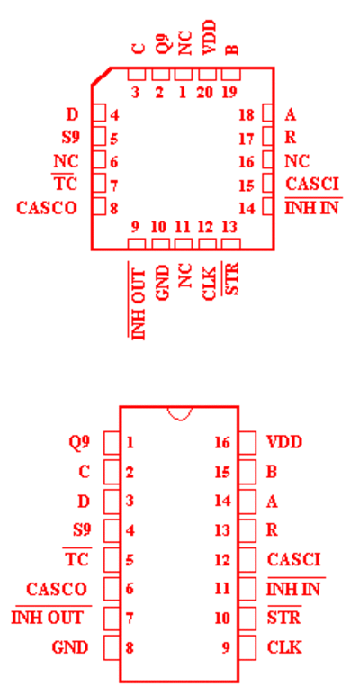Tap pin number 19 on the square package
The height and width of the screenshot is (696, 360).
(229, 93)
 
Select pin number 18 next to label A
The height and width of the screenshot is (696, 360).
(247, 115)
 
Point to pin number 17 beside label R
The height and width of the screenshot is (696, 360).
(247, 139)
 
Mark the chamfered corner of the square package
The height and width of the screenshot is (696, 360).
(101, 76)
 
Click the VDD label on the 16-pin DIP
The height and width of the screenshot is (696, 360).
(284, 442)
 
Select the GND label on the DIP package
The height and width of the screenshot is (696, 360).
(70, 647)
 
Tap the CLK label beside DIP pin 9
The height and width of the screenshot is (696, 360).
(284, 647)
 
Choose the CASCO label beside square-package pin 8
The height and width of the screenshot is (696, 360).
(47, 207)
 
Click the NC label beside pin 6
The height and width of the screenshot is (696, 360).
(66, 161)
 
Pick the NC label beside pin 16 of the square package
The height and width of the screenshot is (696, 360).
(297, 161)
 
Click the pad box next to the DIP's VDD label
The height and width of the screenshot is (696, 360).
(247, 443)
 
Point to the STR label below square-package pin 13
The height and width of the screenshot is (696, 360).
(232, 279)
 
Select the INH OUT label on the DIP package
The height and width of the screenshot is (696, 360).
(47, 618)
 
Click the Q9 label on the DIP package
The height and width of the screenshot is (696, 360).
(80, 442)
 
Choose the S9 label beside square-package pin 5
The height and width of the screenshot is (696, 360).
(70, 138)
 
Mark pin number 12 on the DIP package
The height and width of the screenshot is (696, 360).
(222, 559)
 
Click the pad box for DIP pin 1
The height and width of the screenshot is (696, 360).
(112, 443)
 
